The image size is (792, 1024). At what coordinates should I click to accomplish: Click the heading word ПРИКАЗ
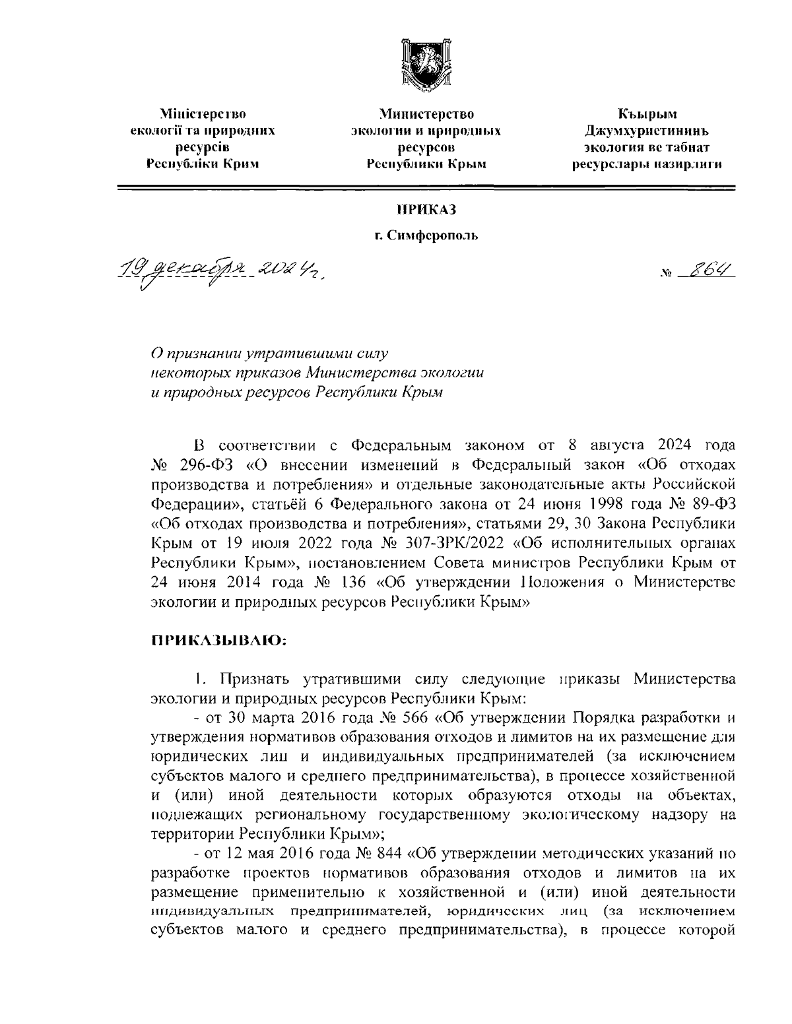[426, 210]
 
